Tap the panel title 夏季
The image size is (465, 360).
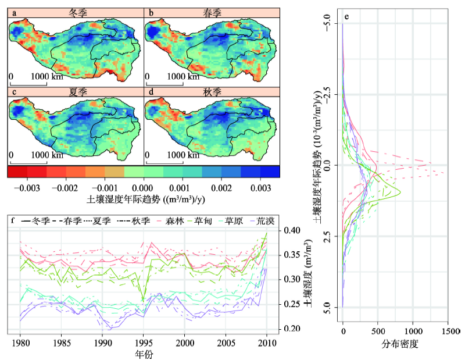(x=76, y=92)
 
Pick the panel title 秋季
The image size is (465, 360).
(x=213, y=92)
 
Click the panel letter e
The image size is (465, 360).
(x=346, y=16)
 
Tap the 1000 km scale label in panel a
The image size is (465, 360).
(x=45, y=76)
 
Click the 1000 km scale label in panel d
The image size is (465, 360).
(x=181, y=155)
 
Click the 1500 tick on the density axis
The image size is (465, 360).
(x=448, y=330)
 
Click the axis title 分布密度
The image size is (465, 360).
(x=401, y=343)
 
